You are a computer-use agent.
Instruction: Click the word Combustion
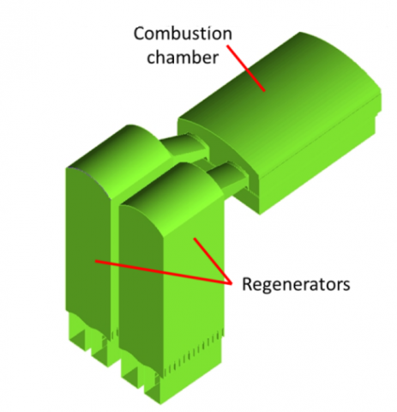(183, 33)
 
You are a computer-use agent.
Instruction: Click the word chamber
(183, 57)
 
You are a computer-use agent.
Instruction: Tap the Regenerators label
(296, 284)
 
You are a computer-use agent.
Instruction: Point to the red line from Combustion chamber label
(246, 68)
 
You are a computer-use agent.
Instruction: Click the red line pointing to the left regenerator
(163, 272)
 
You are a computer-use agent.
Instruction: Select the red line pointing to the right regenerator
(213, 260)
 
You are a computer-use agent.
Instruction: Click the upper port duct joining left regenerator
(186, 146)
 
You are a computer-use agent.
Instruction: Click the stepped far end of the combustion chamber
(378, 109)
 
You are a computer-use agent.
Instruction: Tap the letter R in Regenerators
(248, 284)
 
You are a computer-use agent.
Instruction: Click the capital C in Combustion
(139, 33)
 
